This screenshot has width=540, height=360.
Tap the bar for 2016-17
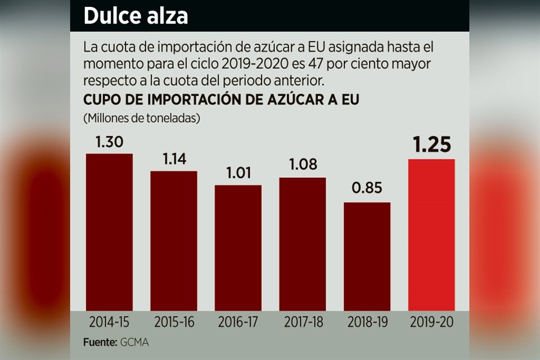238,247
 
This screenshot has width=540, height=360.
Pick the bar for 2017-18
302,244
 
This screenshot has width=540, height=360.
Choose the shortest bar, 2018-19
367,256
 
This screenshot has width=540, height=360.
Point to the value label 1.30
109,142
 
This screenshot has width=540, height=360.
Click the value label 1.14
173,160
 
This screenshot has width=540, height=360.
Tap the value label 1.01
238,174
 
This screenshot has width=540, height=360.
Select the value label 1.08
302,165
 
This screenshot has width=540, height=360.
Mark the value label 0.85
367,188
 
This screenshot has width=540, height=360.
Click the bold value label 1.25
431,145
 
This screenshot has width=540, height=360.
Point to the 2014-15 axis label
109,323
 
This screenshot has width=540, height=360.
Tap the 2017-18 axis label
302,323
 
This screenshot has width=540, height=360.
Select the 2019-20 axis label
431,323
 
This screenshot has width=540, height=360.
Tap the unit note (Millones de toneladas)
142,119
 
